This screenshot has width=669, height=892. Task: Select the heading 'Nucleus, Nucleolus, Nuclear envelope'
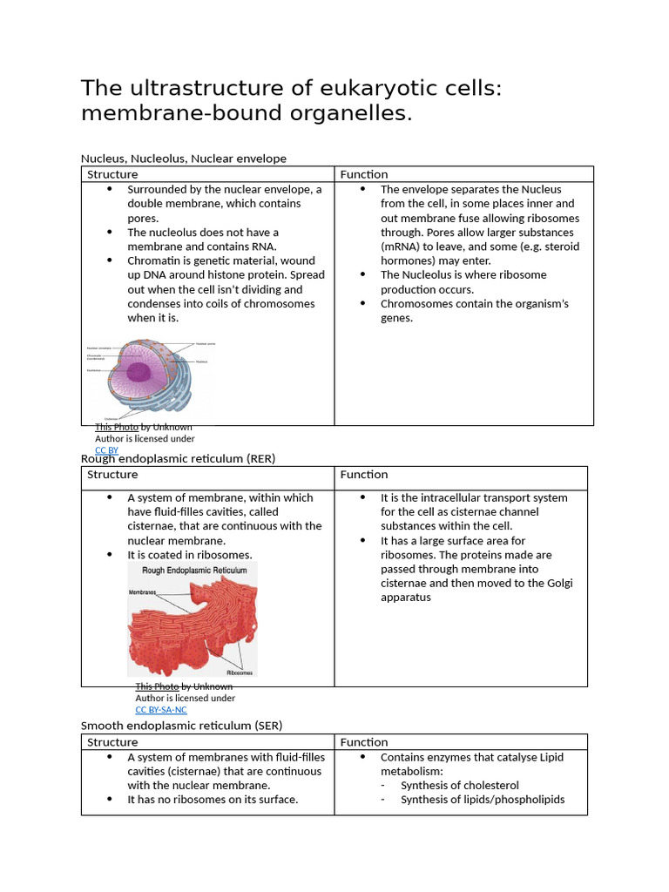(x=183, y=159)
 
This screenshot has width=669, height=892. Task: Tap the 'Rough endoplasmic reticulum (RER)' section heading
(x=178, y=458)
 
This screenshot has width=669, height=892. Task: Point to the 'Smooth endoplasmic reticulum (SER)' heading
(x=181, y=726)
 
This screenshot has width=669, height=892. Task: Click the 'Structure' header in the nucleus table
(x=112, y=174)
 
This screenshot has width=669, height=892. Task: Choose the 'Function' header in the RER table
(x=364, y=475)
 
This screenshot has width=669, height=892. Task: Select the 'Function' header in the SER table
(x=364, y=742)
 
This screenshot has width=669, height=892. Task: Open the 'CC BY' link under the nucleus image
(x=107, y=450)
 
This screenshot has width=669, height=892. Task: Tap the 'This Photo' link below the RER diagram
(x=157, y=686)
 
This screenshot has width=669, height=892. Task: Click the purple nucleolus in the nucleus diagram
(x=139, y=372)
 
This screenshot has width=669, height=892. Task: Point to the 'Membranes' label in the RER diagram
(x=144, y=591)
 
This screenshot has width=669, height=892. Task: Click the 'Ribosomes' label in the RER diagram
(x=240, y=672)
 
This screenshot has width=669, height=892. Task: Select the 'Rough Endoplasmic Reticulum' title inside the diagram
(x=187, y=571)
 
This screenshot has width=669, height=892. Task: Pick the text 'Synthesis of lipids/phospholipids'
(x=482, y=800)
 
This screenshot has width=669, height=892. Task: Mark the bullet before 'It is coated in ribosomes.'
(x=109, y=555)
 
